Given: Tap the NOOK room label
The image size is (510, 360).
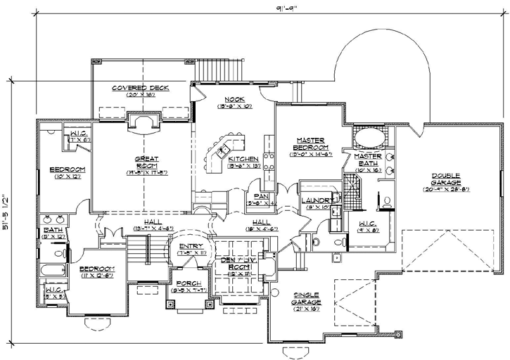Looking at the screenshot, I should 234,99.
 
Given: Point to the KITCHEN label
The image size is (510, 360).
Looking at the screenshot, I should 243,159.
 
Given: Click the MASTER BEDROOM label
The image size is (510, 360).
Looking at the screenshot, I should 310,144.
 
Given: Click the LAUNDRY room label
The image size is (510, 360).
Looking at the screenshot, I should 314,200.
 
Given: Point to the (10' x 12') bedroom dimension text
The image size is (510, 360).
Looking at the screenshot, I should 68,177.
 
